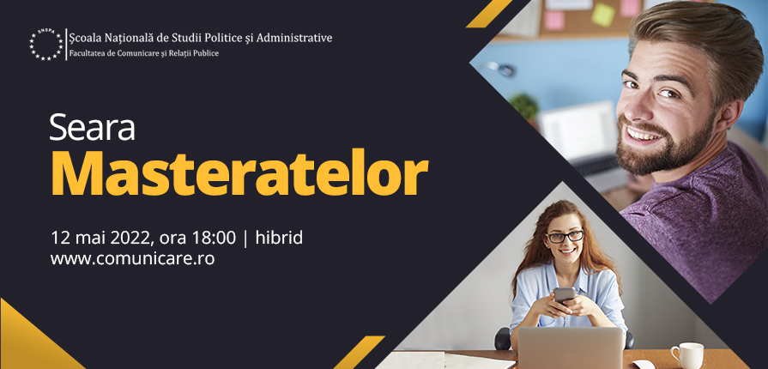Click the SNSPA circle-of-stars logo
46,45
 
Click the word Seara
92,128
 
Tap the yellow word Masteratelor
239,173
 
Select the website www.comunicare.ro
132,258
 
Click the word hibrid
279,238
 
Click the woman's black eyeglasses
565,237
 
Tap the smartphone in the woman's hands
565,295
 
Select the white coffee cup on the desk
686,354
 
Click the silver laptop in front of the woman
571,348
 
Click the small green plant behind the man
524,106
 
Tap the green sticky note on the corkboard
603,15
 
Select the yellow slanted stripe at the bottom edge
359,353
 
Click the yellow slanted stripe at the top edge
489,14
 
